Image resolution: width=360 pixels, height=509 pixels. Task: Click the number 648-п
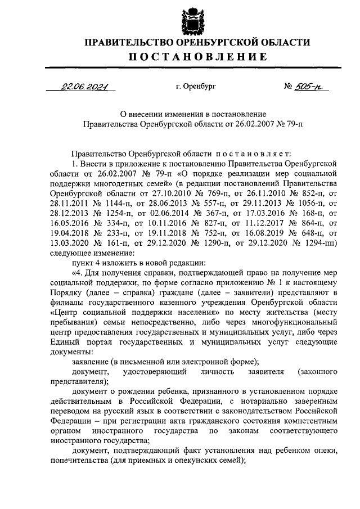[315, 230]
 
